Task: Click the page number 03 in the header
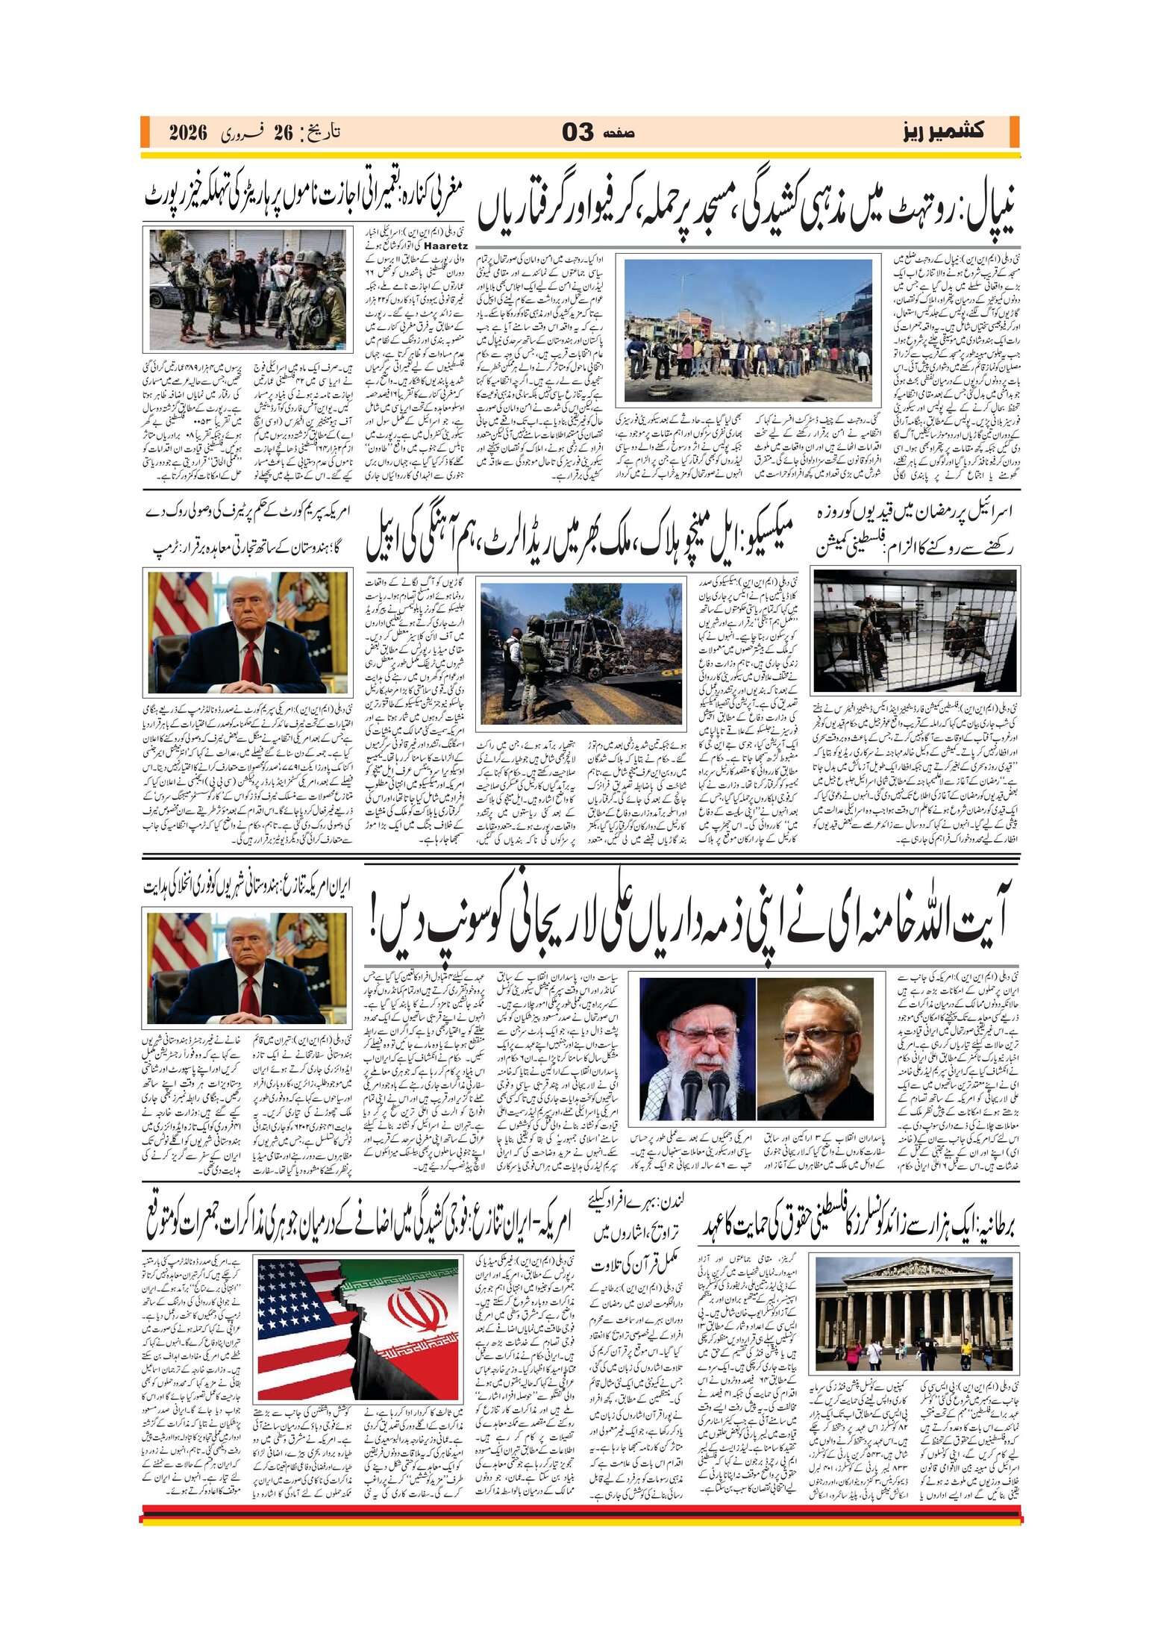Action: point(578,132)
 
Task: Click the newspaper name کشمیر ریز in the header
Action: point(942,131)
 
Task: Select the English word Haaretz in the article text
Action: point(445,245)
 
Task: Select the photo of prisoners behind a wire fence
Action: point(915,631)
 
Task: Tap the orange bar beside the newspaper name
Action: point(1014,132)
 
